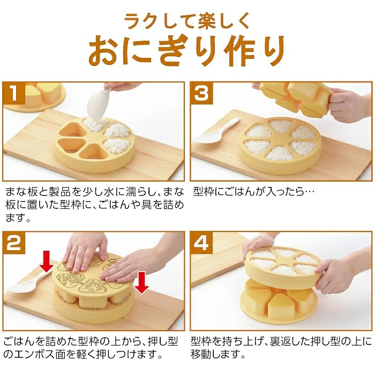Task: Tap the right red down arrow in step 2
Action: pyautogui.click(x=141, y=282)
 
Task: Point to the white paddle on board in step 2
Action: pyautogui.click(x=29, y=283)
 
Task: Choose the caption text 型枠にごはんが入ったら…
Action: pyautogui.click(x=253, y=191)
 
